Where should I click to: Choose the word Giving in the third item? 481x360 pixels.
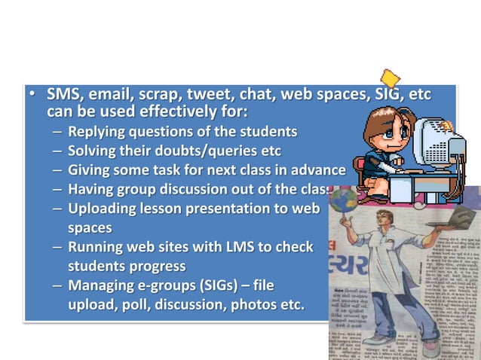coord(88,169)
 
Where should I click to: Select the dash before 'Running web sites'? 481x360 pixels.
coord(58,246)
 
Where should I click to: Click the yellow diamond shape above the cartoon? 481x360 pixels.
coord(390,78)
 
